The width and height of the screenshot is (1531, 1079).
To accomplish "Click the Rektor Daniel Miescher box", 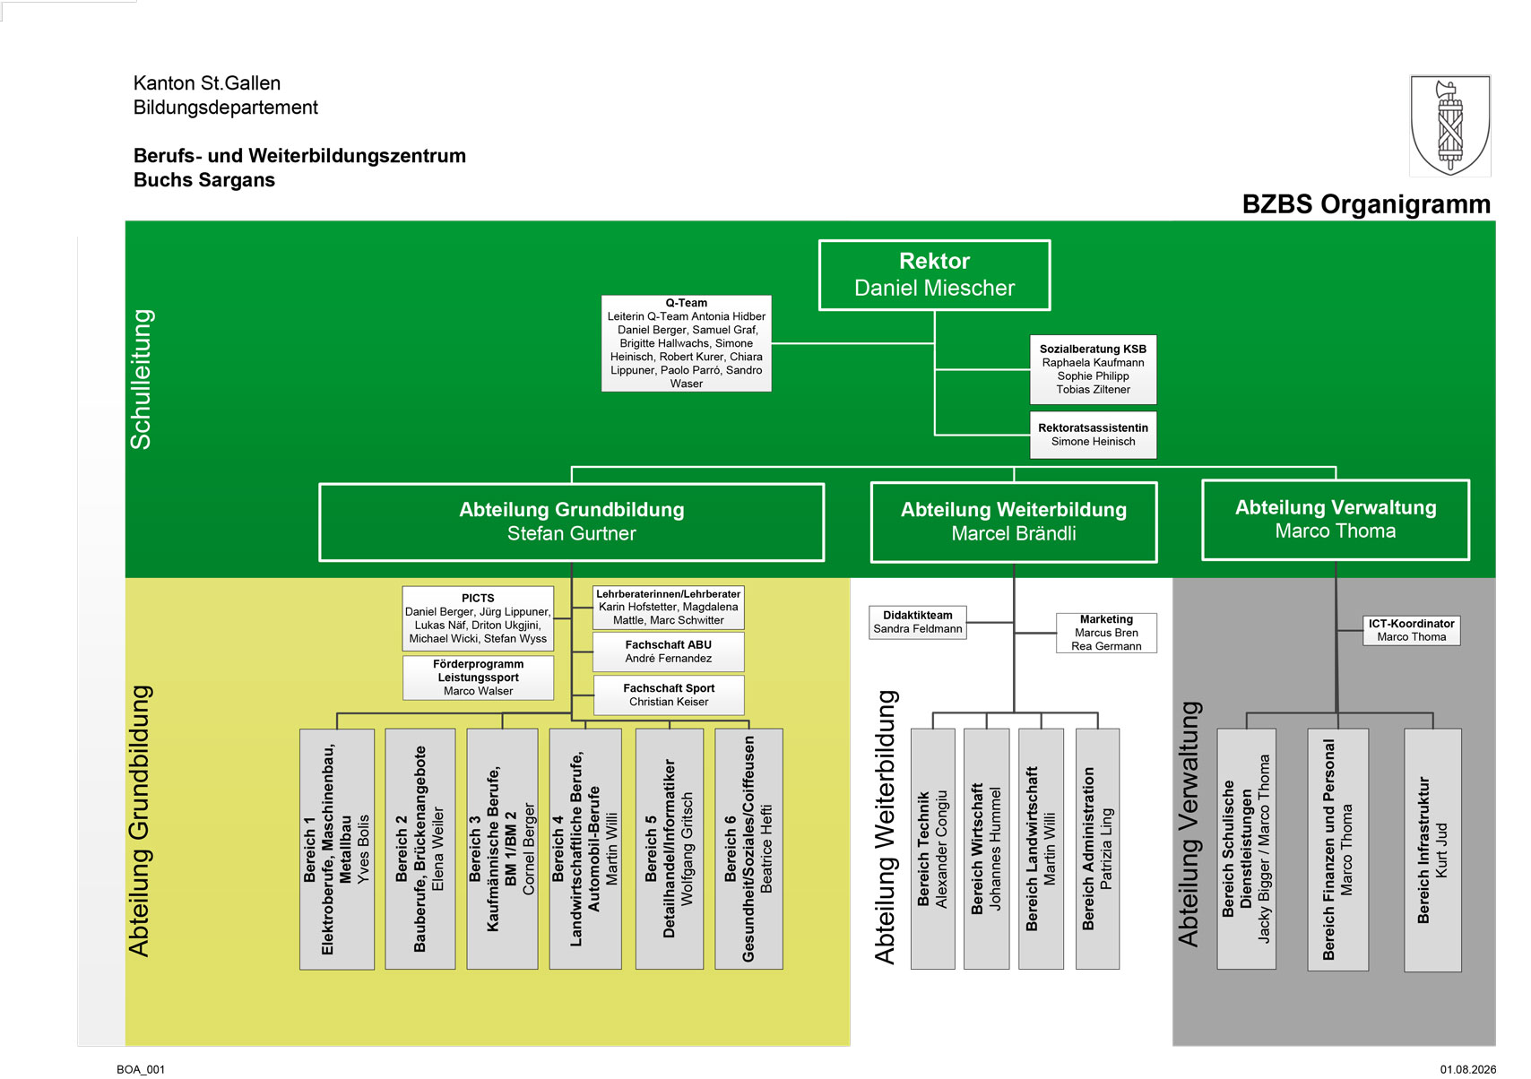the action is tap(934, 275).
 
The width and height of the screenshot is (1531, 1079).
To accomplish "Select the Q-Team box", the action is tap(687, 343).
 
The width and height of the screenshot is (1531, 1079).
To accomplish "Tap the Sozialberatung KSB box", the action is tap(1093, 369).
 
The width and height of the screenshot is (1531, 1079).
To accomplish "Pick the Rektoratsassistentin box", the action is tap(1093, 435).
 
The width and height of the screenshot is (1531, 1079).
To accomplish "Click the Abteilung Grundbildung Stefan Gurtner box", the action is tap(571, 522).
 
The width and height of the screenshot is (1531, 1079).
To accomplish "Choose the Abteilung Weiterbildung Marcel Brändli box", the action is tap(1014, 522).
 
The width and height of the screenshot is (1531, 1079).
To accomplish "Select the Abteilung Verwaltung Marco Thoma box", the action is tap(1336, 520).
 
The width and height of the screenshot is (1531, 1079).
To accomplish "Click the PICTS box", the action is tap(478, 618).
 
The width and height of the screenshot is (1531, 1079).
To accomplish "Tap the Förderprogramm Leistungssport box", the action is tap(478, 678).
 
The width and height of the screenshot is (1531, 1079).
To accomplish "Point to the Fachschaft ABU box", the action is tap(668, 652).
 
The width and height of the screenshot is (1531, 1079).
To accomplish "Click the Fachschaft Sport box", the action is tap(669, 695).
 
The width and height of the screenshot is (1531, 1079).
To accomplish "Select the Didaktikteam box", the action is tap(917, 622).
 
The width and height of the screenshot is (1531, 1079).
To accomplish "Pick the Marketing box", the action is tap(1106, 633).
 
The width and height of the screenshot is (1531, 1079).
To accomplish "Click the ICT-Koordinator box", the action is tap(1412, 630).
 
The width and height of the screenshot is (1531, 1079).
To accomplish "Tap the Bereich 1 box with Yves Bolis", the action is tap(337, 849).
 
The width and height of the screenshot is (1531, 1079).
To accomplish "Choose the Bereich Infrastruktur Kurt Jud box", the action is tap(1432, 850).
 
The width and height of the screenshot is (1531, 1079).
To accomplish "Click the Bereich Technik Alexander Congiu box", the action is tap(932, 849).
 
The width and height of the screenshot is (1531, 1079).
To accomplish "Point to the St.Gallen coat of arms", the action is tap(1450, 125).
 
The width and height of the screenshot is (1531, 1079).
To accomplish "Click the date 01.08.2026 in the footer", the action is tap(1468, 1069).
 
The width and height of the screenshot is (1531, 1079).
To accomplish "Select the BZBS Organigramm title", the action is tap(1365, 204).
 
